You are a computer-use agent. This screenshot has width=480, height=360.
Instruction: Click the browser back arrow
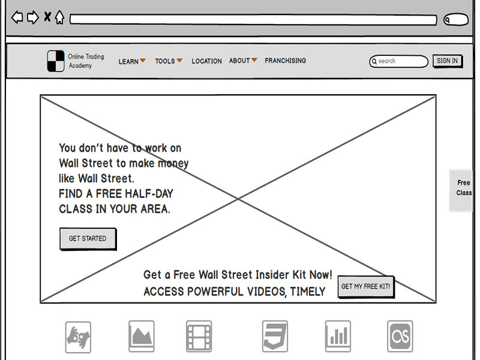pos(17,17)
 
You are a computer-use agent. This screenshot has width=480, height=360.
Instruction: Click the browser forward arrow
pos(33,17)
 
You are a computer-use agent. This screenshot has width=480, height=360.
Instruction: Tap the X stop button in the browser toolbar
pos(47,17)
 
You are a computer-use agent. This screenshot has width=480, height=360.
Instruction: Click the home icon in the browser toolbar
pos(59,17)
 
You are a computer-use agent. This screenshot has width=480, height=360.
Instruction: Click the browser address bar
pos(253,20)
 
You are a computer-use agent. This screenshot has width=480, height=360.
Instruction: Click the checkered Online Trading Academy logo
pos(56,61)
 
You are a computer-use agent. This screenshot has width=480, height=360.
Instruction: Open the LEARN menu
pos(132,61)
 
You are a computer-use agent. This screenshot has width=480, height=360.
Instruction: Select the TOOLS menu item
pos(169,61)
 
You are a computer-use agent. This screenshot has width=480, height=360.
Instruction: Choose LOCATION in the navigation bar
pos(206,61)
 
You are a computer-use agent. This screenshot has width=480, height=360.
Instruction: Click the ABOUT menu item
pos(243,61)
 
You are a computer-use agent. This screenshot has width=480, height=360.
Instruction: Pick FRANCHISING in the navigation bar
pos(286,61)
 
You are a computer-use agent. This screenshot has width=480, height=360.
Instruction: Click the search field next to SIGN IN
pos(398,61)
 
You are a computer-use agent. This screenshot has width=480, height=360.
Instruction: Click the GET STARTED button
pos(88,238)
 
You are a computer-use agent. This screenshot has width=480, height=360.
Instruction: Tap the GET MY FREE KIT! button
pos(366,287)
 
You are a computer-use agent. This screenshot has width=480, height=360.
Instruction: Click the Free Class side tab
pos(461,190)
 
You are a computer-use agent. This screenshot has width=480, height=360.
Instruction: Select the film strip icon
pos(199,337)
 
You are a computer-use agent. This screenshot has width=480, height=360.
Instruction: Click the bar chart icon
pos(338,337)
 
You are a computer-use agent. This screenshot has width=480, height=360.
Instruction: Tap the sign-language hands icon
pos(78,337)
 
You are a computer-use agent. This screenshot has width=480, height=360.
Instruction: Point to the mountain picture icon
pos(142,337)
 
